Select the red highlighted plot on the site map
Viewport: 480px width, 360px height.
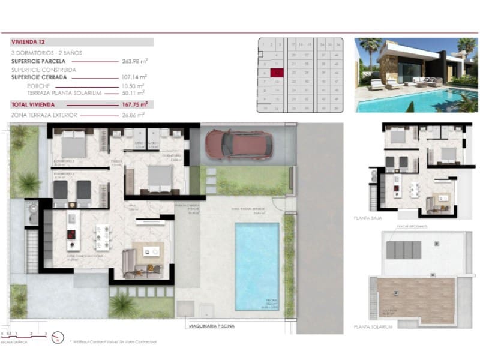(x=277, y=73)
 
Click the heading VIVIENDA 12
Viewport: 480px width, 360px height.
(x=28, y=43)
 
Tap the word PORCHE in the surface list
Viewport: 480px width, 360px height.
(x=38, y=86)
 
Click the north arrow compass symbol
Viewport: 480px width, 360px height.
(x=58, y=337)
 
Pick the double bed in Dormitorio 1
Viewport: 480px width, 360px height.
(x=158, y=178)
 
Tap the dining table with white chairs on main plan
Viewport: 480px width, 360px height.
(x=102, y=236)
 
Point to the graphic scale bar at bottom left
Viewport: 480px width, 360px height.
(x=24, y=334)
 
